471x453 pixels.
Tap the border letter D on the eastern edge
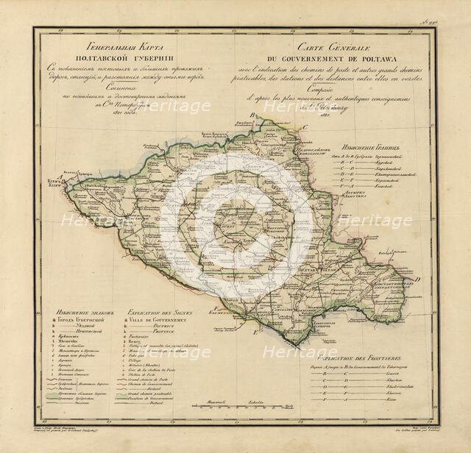(x=418, y=280)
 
